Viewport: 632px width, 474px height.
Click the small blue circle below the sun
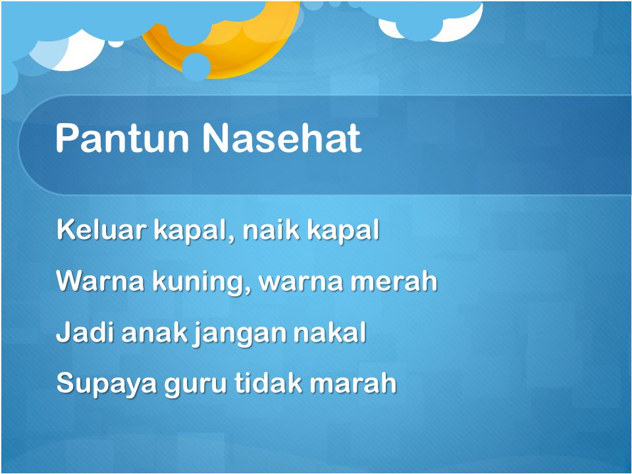(x=196, y=66)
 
